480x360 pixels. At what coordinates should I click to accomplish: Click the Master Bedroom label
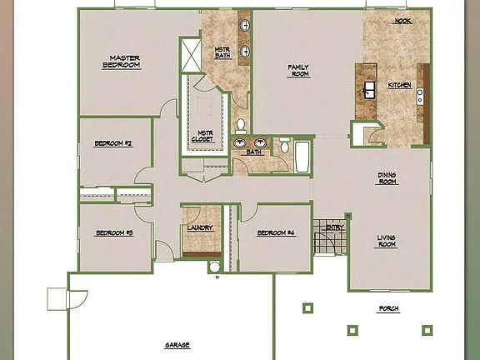pos(120,61)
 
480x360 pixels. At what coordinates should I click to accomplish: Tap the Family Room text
pos(298,70)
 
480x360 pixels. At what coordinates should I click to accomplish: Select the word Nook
pos(402,22)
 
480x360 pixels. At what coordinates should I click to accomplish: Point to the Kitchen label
pos(399,85)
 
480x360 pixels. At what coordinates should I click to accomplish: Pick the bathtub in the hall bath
pos(302,156)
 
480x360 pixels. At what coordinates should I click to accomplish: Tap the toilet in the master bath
pos(240,126)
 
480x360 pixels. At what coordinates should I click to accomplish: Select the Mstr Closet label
pos(203,136)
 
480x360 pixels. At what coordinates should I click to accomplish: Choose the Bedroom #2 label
pos(113,143)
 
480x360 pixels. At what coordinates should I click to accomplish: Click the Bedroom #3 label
pos(113,232)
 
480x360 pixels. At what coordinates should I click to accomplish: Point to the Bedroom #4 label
pos(275,232)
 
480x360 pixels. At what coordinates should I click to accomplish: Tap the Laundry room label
pos(201,227)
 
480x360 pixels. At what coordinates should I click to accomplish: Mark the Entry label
pos(335,227)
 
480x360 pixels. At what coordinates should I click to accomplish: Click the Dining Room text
pos(387,177)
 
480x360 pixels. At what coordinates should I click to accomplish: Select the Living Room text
pos(387,241)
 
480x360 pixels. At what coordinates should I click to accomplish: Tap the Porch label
pos(388,308)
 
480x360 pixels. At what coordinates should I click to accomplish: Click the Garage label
pos(177,344)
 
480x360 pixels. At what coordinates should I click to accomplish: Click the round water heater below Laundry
pos(215,267)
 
